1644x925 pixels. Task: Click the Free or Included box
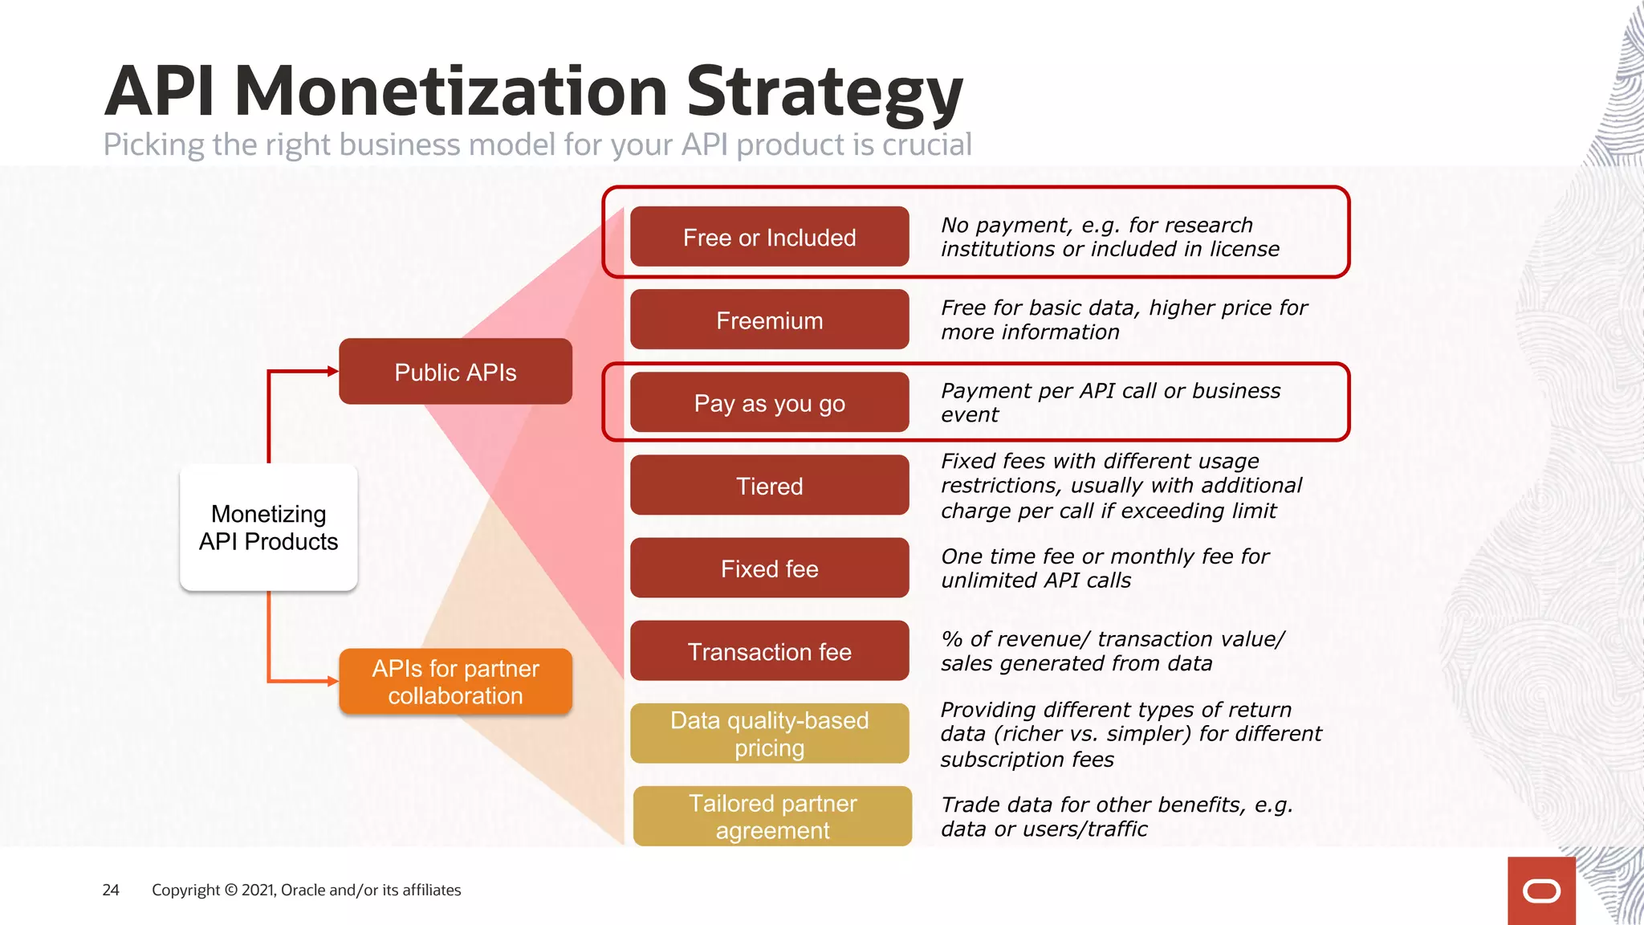click(769, 237)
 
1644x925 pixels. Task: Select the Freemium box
click(769, 320)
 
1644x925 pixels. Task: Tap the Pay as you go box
click(769, 402)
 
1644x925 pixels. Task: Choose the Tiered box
click(769, 485)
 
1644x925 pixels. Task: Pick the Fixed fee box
click(769, 568)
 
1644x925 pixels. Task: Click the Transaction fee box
click(769, 651)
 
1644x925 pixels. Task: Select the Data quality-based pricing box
click(769, 733)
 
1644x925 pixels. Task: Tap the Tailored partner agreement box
click(772, 816)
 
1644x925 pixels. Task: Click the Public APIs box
click(455, 372)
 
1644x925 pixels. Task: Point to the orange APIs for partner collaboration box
click(455, 682)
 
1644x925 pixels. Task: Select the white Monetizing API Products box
click(268, 528)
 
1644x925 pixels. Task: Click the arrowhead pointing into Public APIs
click(332, 371)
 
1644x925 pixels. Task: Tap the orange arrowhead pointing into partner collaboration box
click(332, 681)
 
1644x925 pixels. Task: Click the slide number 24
click(111, 890)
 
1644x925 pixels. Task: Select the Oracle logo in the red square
click(1541, 891)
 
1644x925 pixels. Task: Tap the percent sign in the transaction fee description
click(951, 639)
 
